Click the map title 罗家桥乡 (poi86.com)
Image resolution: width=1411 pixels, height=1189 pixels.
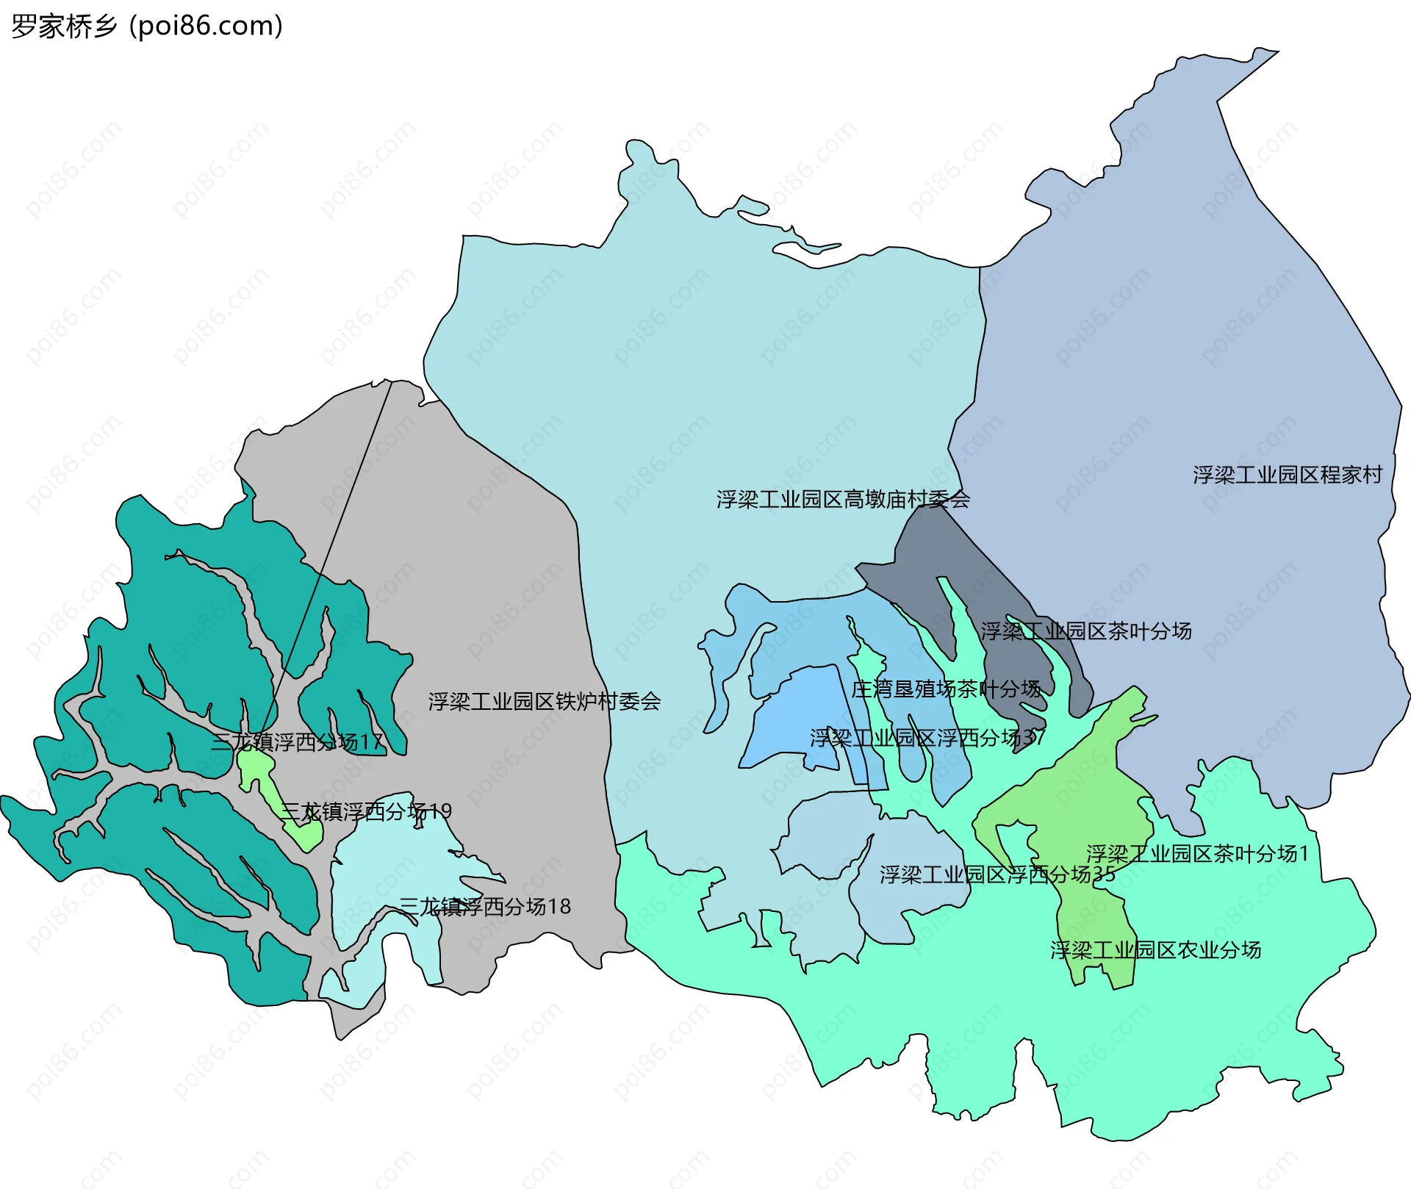click(147, 26)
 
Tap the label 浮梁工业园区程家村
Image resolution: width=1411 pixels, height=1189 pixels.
click(1287, 475)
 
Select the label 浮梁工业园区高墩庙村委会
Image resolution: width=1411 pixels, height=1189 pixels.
click(843, 500)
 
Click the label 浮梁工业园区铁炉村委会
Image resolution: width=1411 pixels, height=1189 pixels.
click(545, 702)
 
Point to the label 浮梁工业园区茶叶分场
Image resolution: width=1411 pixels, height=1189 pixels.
click(1085, 631)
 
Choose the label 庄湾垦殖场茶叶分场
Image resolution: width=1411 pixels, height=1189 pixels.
click(946, 689)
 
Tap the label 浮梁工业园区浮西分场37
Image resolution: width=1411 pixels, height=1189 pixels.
click(927, 738)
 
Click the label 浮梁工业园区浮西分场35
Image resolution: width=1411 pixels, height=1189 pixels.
click(997, 874)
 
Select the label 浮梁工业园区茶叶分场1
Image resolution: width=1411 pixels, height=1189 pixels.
click(1197, 854)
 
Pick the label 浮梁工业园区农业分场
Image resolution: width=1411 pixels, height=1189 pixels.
click(1155, 950)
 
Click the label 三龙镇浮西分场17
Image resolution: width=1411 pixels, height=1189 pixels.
click(298, 742)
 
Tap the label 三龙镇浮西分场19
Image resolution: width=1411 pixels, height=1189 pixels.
click(365, 812)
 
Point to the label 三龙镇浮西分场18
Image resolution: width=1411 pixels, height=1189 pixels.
click(485, 907)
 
